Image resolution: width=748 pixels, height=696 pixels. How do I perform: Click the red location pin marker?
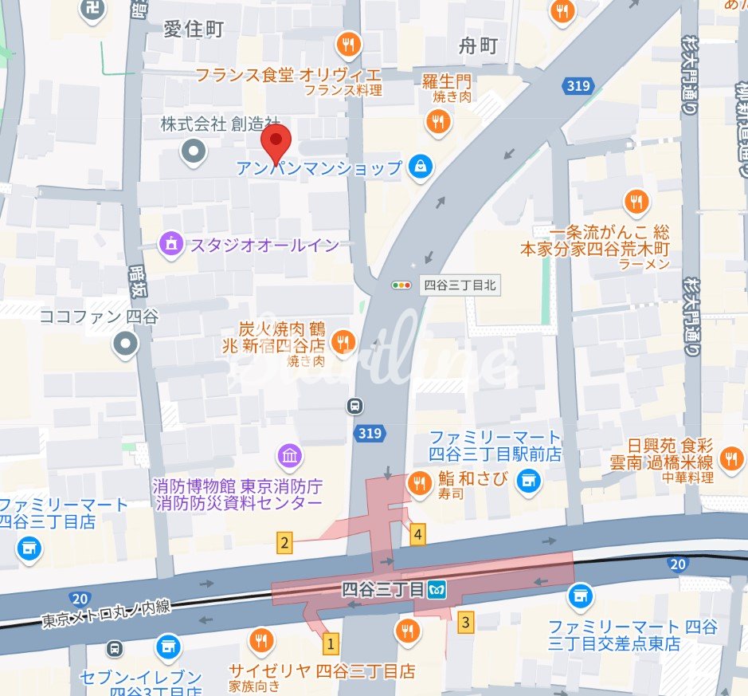click(x=276, y=143)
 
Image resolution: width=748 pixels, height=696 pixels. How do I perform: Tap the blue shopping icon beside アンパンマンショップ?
click(x=421, y=167)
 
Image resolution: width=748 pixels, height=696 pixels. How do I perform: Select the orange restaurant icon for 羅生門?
click(x=437, y=122)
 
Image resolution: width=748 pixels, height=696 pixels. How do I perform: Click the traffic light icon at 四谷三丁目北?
click(x=401, y=285)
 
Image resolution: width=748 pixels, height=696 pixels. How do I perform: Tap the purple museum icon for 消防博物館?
click(x=289, y=456)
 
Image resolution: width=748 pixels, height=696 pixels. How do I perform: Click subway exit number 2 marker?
click(x=284, y=545)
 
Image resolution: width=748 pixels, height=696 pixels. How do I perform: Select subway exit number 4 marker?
click(x=417, y=534)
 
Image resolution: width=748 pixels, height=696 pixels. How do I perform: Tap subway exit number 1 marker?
click(x=330, y=643)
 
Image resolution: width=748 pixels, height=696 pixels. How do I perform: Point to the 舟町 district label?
click(x=478, y=46)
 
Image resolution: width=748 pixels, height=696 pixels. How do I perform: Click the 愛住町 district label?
click(x=194, y=29)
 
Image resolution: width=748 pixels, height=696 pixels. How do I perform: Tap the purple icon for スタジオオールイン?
click(x=170, y=244)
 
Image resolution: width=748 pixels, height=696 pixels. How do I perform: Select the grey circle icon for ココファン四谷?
click(x=126, y=344)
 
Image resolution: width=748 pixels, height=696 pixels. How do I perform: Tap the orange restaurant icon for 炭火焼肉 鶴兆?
click(x=343, y=341)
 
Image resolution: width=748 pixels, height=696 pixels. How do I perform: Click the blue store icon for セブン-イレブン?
click(x=168, y=647)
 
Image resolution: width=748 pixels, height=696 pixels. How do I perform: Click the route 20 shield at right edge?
click(x=677, y=564)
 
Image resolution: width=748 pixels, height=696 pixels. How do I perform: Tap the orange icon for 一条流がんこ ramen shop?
click(x=636, y=202)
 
